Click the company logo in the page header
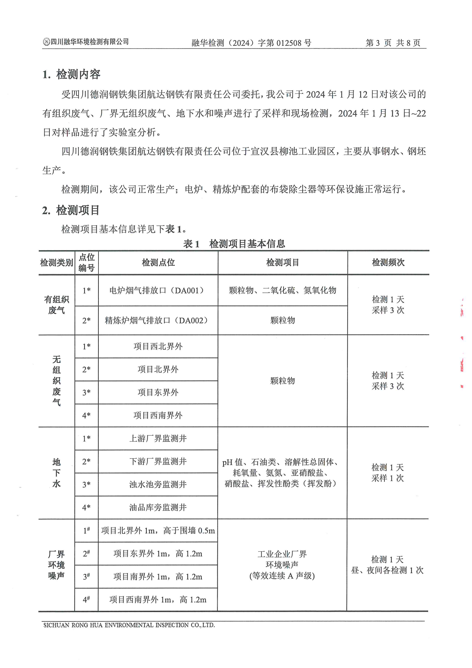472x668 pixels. click(46, 42)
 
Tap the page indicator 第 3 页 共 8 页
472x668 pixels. click(393, 43)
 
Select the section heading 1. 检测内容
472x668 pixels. click(71, 75)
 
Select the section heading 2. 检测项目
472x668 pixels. click(71, 210)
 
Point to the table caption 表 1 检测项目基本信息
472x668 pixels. click(234, 243)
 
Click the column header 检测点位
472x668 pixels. click(158, 262)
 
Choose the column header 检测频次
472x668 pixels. click(388, 262)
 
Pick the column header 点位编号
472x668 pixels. click(87, 262)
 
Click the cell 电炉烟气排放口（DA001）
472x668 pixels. click(158, 290)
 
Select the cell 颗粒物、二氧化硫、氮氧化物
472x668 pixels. click(282, 290)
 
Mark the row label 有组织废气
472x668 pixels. click(57, 305)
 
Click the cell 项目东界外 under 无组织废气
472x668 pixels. click(158, 392)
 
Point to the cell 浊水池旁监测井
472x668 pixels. click(158, 484)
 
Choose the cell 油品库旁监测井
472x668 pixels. click(158, 507)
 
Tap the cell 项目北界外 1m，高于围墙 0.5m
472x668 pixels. click(158, 531)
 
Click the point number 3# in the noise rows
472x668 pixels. click(86, 577)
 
